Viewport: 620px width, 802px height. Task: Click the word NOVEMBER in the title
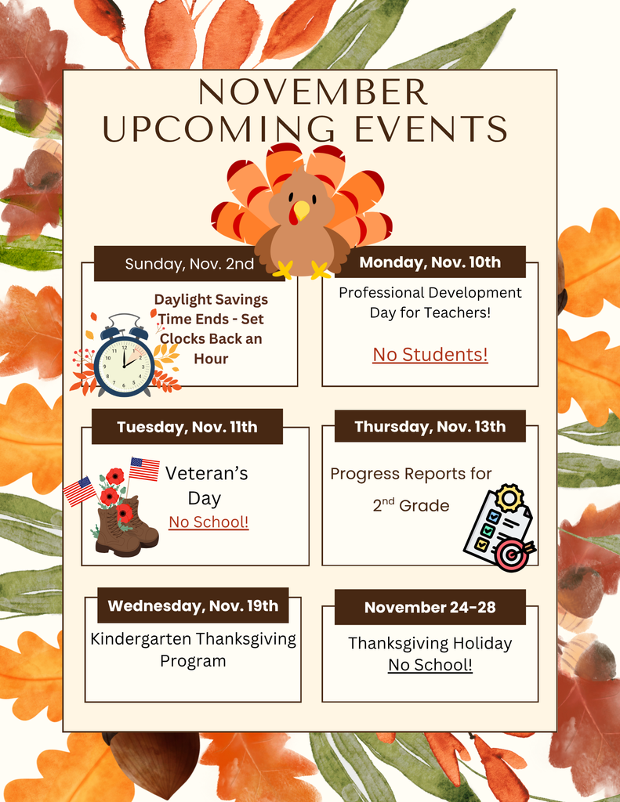312,93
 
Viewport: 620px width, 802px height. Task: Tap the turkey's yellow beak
301,210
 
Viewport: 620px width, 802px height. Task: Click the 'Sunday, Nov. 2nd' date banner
189,264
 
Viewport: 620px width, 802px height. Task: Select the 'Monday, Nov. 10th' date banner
430,262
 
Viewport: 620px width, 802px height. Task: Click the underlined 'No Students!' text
430,355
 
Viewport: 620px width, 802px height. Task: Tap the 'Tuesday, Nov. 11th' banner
187,427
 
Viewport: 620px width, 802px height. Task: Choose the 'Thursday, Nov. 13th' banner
430,427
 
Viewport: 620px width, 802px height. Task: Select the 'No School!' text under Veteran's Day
208,522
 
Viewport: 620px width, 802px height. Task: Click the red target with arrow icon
513,555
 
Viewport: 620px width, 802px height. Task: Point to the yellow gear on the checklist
509,498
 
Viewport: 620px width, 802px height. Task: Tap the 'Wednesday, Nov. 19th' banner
193,605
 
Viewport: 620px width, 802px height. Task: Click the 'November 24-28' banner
430,607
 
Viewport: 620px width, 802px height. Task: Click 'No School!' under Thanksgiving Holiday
430,666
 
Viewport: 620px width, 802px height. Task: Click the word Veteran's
206,473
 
